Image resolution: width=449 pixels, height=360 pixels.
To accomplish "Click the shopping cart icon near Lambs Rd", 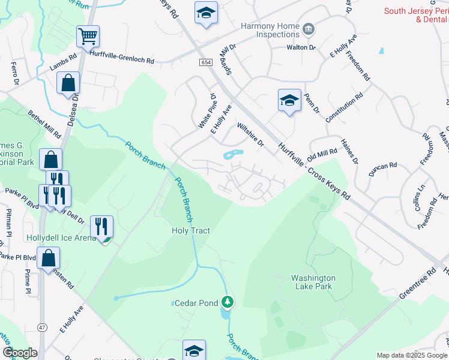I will point(88,37).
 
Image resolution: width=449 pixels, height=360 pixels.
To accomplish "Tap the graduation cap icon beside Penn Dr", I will point(289,100).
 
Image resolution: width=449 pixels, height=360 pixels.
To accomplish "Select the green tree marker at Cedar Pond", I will point(227,302).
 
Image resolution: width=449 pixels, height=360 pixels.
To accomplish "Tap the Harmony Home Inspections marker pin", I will point(309,28).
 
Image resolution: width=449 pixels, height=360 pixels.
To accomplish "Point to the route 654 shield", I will point(206,62).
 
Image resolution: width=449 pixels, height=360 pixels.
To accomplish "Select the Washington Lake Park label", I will point(313,283).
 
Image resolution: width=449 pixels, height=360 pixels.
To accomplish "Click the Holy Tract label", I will point(191,230).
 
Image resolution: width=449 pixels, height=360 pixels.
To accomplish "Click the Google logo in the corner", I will point(20,353).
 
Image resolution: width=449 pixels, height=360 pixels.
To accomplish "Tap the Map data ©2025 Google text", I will point(411,355).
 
